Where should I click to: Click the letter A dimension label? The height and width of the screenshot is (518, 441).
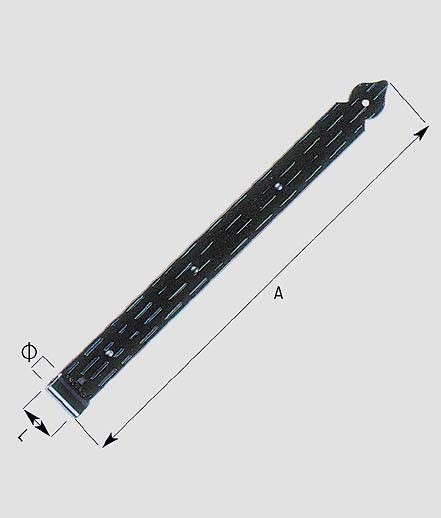(279, 293)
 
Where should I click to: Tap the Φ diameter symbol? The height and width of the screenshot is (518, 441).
(29, 352)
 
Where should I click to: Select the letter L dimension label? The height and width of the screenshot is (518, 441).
(22, 435)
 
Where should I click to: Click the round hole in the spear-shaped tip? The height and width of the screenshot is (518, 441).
(366, 103)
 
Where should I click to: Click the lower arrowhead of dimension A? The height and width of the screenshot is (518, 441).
(110, 440)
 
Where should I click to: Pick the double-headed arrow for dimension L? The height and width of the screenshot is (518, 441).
(37, 423)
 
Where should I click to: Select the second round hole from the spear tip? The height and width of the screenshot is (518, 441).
(279, 186)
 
